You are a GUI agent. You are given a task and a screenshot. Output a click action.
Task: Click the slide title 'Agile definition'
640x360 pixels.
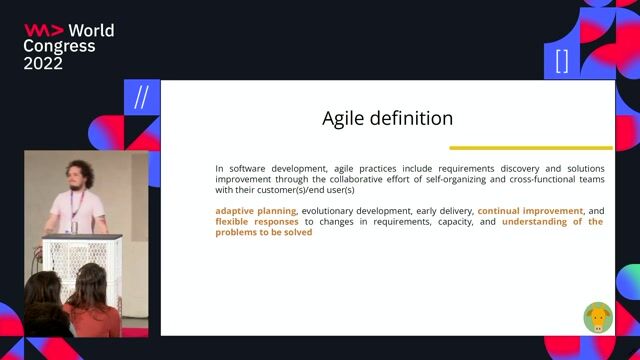coord(387,119)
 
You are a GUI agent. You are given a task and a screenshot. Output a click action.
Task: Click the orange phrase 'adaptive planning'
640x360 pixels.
coord(255,211)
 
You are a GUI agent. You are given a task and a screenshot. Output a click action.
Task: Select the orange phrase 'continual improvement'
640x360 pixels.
coord(530,211)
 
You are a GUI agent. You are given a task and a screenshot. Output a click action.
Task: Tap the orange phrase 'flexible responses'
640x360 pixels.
coord(257,222)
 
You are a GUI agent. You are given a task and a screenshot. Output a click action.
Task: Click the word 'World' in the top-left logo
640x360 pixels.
coord(91,30)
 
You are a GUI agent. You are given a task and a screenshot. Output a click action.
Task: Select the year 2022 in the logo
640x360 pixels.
coord(43,63)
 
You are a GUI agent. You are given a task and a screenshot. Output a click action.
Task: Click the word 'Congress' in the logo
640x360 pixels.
coord(59,46)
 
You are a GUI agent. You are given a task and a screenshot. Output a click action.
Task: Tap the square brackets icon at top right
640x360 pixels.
coord(561,62)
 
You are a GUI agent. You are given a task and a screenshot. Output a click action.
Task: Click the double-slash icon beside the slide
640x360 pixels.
coord(141,98)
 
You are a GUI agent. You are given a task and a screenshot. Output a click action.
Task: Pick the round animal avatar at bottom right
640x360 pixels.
coord(598,317)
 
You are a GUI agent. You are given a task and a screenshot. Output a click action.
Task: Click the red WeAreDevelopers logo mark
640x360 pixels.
coord(43,30)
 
